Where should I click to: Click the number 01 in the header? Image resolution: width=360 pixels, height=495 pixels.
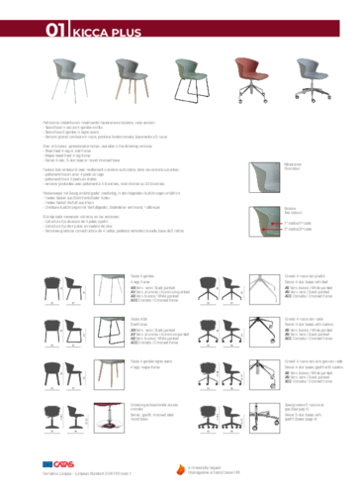(55, 31)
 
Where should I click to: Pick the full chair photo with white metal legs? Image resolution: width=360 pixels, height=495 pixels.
(70, 75)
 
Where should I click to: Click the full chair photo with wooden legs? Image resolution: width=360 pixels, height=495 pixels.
(130, 75)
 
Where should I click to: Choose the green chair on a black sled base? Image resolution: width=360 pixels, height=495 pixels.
(190, 75)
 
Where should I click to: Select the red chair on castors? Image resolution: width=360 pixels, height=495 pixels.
(250, 75)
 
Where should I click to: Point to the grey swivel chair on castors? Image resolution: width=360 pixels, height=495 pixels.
(311, 75)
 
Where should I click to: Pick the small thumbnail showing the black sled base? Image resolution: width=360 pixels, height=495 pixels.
(109, 330)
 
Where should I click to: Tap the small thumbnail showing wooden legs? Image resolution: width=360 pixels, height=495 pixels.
(109, 373)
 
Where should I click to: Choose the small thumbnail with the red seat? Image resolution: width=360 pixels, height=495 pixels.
(109, 417)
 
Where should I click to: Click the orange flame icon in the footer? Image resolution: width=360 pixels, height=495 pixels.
(181, 468)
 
